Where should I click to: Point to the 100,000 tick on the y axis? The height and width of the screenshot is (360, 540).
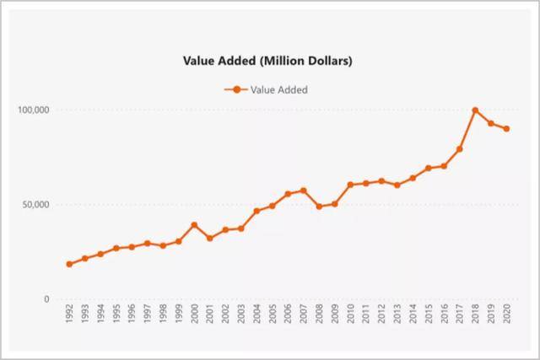click(34, 110)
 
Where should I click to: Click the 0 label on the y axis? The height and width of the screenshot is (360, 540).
click(47, 299)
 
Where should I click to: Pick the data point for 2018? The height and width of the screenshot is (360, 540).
click(476, 110)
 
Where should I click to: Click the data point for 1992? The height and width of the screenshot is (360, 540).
click(69, 264)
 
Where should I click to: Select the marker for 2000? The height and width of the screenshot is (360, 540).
click(194, 225)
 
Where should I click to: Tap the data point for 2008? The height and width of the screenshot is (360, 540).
click(319, 207)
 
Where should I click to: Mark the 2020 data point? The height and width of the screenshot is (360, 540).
click(507, 129)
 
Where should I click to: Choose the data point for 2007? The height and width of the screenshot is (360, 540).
click(304, 191)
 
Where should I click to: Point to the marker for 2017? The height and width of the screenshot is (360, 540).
click(460, 149)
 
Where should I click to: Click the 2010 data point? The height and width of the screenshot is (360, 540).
click(350, 185)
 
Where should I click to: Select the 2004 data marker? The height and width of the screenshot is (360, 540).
click(256, 211)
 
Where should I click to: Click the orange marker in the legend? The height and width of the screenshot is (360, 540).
click(236, 89)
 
